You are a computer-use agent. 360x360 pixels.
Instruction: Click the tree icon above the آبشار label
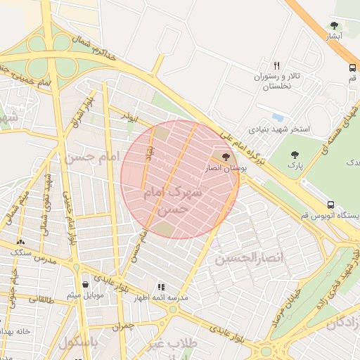pyautogui.click(x=334, y=25)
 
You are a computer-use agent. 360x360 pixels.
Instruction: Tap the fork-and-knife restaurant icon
pyautogui.click(x=277, y=65)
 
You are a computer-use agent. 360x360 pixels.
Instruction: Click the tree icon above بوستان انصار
pyautogui.click(x=225, y=156)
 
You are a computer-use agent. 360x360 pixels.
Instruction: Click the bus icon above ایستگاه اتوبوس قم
pyautogui.click(x=330, y=205)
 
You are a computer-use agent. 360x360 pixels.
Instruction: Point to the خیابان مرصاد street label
pyautogui.click(x=290, y=301)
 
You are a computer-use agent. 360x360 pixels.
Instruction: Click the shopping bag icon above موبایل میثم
pyautogui.click(x=85, y=284)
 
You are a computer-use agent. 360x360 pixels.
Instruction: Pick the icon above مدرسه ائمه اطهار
pyautogui.click(x=161, y=287)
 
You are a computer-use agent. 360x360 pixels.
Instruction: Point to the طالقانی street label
pyautogui.click(x=42, y=298)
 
